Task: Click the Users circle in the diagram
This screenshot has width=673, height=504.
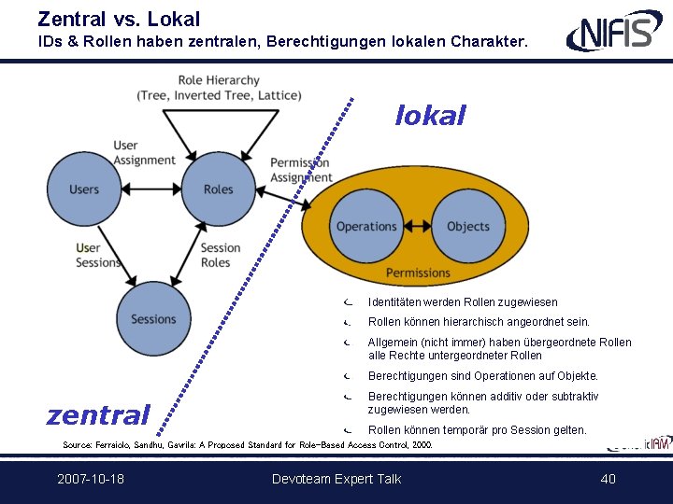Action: coord(83,189)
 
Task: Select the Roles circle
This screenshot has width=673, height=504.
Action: coord(218,189)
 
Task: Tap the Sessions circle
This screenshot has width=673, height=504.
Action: coord(153,318)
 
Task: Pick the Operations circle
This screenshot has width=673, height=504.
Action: coord(366,226)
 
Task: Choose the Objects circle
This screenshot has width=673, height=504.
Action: coord(468,226)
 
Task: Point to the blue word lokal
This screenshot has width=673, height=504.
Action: coord(430,116)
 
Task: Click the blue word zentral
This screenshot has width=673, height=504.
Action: coord(98,414)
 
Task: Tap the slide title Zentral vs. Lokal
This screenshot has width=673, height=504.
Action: coord(119,19)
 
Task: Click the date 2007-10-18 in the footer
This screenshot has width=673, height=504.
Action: coord(91,479)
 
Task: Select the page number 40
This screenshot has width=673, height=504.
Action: coord(609,479)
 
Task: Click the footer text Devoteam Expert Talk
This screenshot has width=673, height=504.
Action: coord(336,479)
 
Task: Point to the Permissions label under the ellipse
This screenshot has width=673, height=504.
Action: coord(418,273)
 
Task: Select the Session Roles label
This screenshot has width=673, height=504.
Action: coord(221,255)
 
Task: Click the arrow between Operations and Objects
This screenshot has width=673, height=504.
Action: coord(417,226)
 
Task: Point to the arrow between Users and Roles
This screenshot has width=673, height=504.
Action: coord(150,189)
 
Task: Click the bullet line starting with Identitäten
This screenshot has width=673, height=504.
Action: coord(463,302)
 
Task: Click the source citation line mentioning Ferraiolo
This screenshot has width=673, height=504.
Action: coord(248,445)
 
